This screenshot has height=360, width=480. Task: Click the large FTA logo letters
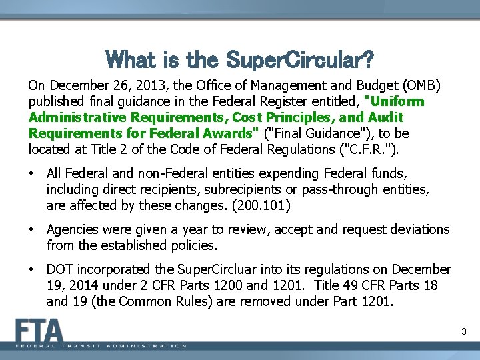coord(40,331)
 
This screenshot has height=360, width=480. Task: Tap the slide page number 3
coord(463,331)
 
